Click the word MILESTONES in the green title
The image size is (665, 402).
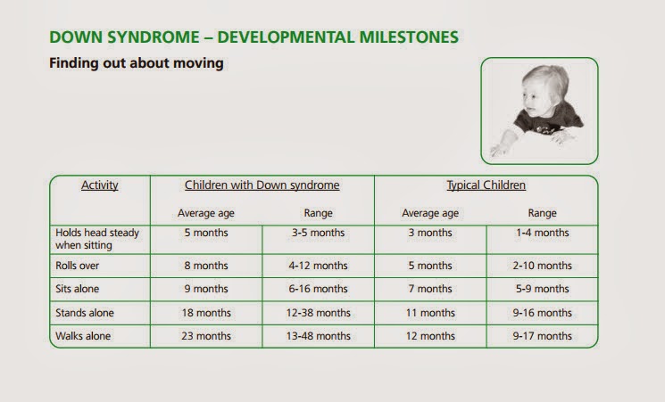(x=409, y=37)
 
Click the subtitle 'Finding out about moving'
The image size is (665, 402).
(x=137, y=63)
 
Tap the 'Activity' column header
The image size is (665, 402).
(x=100, y=185)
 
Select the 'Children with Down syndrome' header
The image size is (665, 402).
(x=262, y=185)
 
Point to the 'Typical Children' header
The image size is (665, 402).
(x=486, y=185)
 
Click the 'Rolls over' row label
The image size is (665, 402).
(x=77, y=266)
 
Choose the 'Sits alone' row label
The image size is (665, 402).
(x=77, y=289)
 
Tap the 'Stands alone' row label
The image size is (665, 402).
(x=85, y=313)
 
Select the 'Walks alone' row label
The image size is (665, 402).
(x=83, y=336)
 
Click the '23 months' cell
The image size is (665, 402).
(x=206, y=336)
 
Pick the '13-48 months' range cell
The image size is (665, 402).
(x=318, y=336)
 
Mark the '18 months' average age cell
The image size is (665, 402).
(x=206, y=313)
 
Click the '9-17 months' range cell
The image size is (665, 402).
(x=542, y=336)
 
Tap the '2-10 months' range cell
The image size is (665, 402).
(x=542, y=266)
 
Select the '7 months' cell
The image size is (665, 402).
(x=430, y=289)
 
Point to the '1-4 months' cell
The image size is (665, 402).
(x=542, y=233)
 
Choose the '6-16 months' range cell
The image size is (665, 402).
(x=318, y=289)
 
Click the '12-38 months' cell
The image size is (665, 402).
(x=318, y=313)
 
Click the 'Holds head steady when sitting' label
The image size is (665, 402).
(x=97, y=239)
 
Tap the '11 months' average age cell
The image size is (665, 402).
(x=430, y=313)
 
